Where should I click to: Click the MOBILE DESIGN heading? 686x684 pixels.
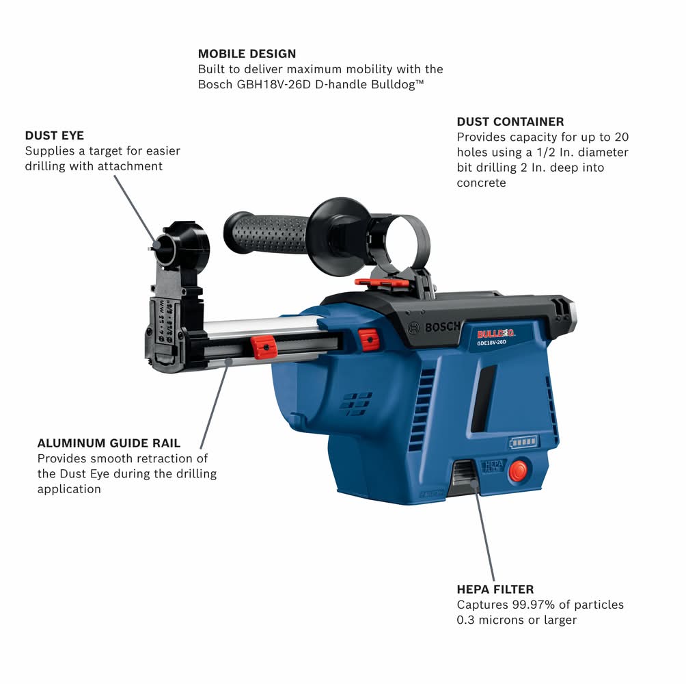click(x=247, y=54)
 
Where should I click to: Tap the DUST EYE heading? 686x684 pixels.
click(x=54, y=135)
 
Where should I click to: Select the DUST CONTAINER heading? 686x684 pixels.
click(x=510, y=122)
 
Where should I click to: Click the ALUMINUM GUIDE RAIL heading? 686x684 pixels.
click(x=109, y=443)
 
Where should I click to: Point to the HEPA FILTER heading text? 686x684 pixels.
click(x=495, y=590)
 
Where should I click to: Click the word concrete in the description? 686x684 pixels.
click(x=481, y=183)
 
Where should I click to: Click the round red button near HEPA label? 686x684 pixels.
click(x=519, y=471)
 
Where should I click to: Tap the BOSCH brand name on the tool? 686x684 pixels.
click(x=442, y=327)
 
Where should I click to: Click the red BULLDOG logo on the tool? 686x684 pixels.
click(x=495, y=334)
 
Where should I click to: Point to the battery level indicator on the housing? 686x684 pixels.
click(x=523, y=443)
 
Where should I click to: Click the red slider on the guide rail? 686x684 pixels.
click(x=263, y=347)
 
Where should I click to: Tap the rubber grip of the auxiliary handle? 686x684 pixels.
click(x=267, y=233)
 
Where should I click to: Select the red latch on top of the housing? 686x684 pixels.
click(x=382, y=284)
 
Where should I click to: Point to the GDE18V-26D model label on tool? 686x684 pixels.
click(x=491, y=343)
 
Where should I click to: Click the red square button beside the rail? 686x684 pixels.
click(x=369, y=340)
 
